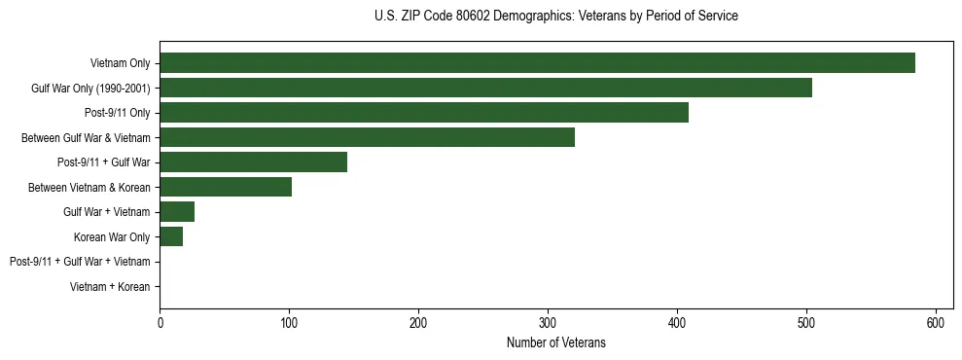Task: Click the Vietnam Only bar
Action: (x=537, y=63)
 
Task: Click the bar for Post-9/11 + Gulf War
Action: (x=253, y=162)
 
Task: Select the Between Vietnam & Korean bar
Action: (x=226, y=187)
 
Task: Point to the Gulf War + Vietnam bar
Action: (x=177, y=212)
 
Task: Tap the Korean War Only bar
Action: (x=171, y=236)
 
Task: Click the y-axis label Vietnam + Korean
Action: (x=110, y=287)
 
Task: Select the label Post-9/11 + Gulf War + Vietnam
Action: (x=80, y=262)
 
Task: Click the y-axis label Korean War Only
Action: (x=112, y=237)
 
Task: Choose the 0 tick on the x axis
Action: (x=160, y=322)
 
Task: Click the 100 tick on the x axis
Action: (x=289, y=322)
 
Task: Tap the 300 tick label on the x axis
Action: (x=548, y=322)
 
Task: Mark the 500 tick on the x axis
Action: (x=806, y=322)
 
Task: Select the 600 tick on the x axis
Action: (x=936, y=322)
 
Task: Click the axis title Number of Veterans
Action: (x=555, y=342)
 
